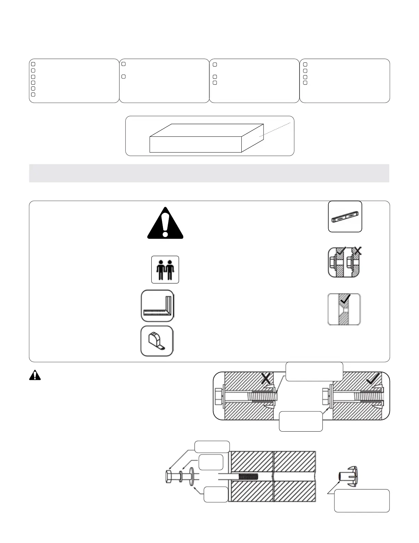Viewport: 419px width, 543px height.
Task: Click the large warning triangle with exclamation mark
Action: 165,224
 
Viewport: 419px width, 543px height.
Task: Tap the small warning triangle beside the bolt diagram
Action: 35,376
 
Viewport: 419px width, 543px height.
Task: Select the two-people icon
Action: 165,269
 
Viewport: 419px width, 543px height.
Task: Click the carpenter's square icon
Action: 157,306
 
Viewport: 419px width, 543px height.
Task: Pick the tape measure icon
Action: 157,341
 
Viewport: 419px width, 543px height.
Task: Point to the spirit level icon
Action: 345,217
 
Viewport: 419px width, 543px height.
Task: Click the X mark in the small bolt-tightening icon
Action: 357,251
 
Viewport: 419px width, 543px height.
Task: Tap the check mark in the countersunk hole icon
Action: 346,299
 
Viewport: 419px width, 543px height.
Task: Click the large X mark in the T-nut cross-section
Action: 266,378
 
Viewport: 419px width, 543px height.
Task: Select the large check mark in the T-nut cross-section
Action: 373,378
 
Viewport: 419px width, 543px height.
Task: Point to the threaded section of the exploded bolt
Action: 249,476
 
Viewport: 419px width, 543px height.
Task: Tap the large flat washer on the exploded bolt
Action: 191,476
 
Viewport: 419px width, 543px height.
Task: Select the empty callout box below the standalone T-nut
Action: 361,501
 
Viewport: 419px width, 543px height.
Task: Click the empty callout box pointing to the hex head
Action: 212,447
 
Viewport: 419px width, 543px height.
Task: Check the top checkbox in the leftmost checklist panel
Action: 33,64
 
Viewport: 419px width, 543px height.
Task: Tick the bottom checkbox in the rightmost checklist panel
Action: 305,83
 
